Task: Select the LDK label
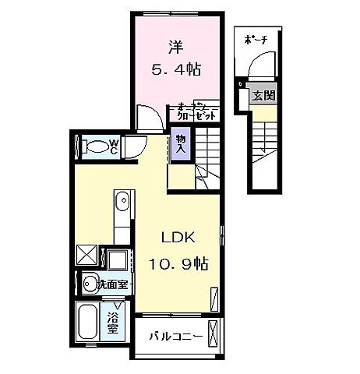[x=177, y=238]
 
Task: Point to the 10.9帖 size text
[x=177, y=263]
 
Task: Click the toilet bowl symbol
[x=94, y=145]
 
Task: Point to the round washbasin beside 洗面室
[x=88, y=284]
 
